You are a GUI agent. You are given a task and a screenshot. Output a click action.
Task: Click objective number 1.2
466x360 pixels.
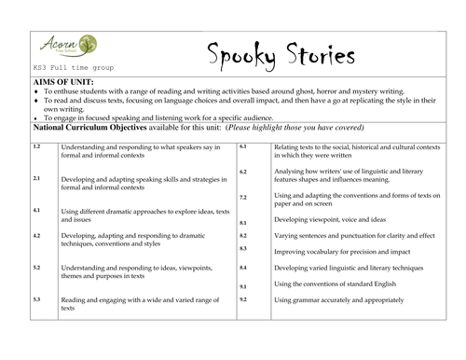pos(36,147)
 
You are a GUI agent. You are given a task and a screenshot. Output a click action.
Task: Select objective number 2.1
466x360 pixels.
pos(36,177)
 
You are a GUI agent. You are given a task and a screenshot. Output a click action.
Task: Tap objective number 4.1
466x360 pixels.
pos(36,211)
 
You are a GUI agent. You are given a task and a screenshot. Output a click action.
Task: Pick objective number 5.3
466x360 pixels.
pos(36,298)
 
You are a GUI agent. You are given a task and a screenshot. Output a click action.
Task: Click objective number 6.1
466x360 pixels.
pos(243,147)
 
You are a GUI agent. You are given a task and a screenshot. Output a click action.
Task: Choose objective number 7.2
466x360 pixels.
pos(243,198)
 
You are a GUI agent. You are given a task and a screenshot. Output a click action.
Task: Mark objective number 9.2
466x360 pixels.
pos(243,298)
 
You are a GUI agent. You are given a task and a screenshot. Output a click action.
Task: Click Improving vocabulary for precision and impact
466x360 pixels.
pos(342,252)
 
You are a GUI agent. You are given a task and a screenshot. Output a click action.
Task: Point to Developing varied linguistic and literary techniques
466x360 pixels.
pos(349,268)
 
